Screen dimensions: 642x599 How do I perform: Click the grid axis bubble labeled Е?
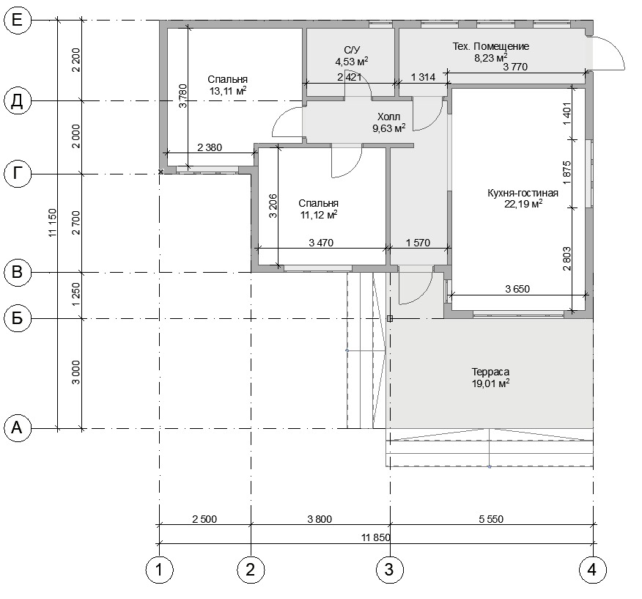pos(18,20)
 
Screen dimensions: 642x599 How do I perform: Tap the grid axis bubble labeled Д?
pos(18,100)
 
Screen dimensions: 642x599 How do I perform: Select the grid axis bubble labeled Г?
pos(18,174)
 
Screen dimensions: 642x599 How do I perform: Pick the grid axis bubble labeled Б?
pos(18,318)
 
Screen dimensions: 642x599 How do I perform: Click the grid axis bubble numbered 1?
pos(159,570)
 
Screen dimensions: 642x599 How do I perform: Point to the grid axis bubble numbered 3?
pos(390,570)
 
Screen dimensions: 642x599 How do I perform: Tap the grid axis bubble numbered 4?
pos(592,570)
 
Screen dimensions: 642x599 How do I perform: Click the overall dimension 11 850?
pos(376,537)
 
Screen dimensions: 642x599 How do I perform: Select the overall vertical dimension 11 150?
pos(52,223)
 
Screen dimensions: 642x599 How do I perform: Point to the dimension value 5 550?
pos(491,519)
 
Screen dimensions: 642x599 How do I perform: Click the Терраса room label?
pos(490,372)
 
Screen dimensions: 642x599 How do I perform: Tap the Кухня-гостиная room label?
pos(523,193)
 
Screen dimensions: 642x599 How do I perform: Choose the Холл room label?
pos(388,117)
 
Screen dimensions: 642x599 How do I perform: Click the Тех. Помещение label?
pos(490,46)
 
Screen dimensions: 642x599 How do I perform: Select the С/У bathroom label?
pos(352,50)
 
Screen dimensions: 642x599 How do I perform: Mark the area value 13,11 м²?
pos(228,91)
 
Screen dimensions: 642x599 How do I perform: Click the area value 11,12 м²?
pos(319,215)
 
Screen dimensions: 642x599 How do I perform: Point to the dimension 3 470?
pos(321,243)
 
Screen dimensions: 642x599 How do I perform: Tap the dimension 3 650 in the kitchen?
pos(517,289)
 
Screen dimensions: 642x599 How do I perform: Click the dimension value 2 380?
pos(210,147)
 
